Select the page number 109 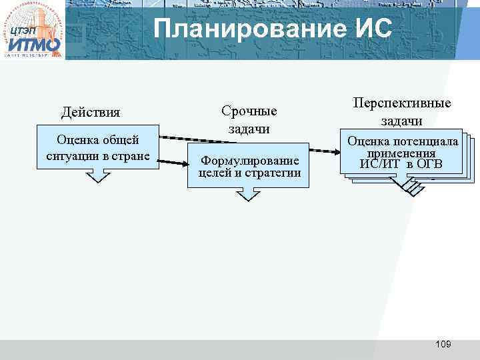coord(443,344)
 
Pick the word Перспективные coord(401,103)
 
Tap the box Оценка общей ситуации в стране coord(97,148)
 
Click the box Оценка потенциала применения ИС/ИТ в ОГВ coord(402,153)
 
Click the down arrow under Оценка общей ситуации coord(97,175)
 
